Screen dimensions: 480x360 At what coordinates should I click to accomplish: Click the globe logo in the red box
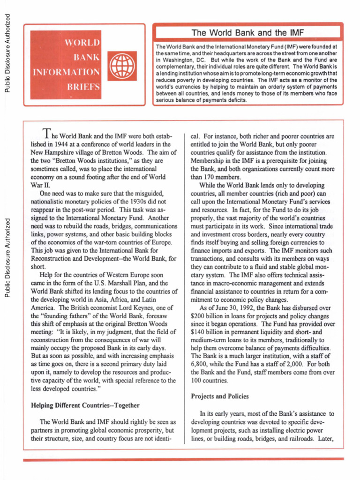click(119, 66)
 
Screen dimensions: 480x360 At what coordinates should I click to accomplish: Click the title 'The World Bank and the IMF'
click(247, 33)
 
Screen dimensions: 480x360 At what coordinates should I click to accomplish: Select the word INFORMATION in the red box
click(66, 73)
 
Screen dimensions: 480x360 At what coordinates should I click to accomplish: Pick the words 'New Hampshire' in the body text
click(51, 153)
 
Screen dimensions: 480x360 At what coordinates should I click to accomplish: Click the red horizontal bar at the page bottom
click(180, 460)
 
